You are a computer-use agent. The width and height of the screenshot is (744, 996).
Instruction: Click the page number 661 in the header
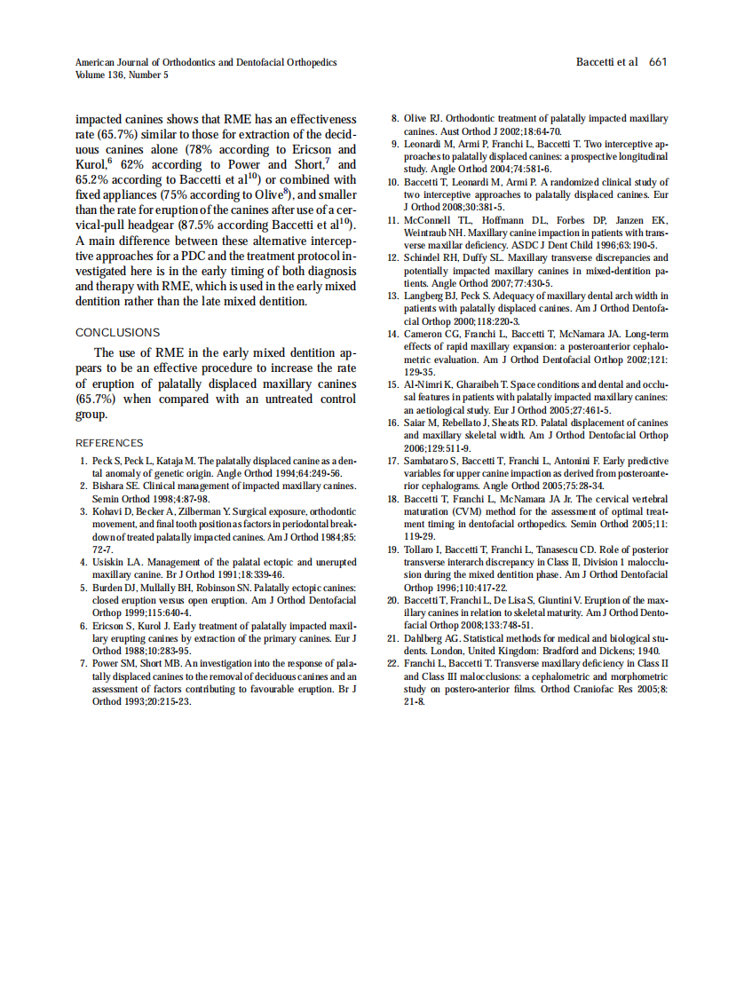[x=657, y=62]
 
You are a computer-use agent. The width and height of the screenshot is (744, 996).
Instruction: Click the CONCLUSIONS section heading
[x=117, y=332]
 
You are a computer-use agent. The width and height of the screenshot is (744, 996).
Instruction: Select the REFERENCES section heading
[x=109, y=443]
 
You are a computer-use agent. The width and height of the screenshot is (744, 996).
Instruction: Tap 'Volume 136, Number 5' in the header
[x=122, y=75]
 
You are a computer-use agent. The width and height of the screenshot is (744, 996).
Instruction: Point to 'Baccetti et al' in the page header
[x=607, y=62]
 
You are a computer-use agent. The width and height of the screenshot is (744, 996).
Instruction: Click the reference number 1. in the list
[x=83, y=462]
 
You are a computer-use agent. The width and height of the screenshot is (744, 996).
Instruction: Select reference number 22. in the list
[x=396, y=663]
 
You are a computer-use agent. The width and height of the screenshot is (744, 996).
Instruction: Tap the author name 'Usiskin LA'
[x=115, y=562]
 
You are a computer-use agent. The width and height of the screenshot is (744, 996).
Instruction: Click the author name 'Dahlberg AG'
[x=431, y=637]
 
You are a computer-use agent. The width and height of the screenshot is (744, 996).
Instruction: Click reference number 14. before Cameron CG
[x=396, y=334]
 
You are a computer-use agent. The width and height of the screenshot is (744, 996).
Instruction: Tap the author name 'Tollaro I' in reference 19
[x=425, y=549]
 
